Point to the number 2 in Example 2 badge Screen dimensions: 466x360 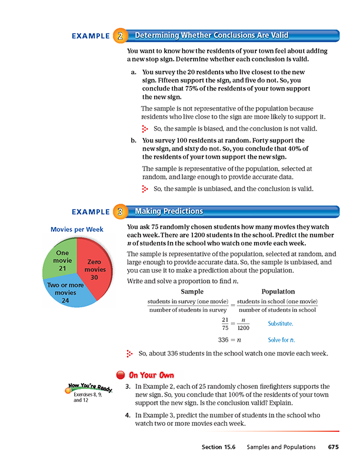point(119,36)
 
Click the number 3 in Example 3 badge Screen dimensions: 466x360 point(119,211)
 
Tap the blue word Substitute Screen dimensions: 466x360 point(281,324)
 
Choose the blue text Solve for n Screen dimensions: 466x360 point(281,341)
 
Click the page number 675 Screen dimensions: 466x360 point(334,447)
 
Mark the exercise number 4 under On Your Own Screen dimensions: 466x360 point(127,415)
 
